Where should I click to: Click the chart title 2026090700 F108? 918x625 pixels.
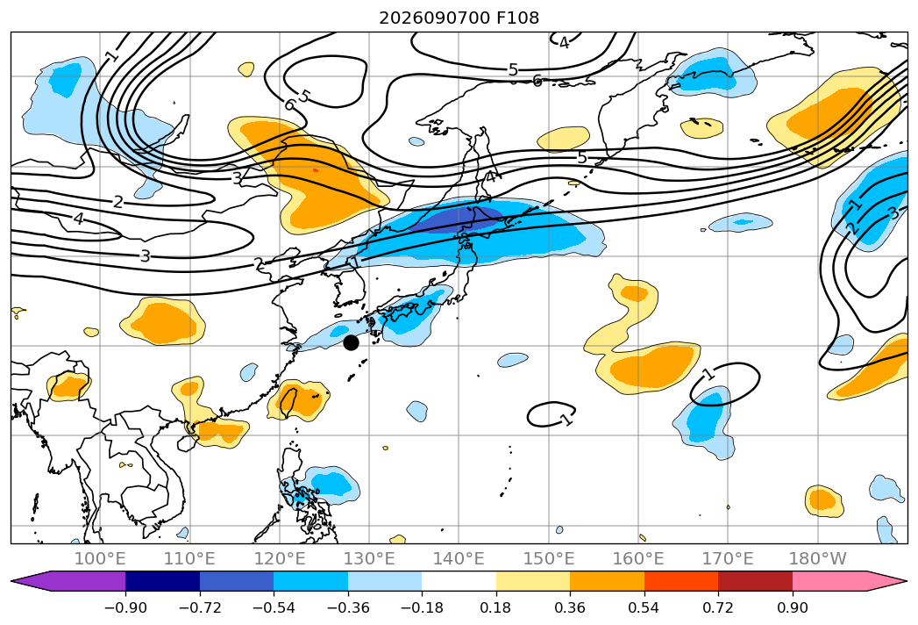point(459,18)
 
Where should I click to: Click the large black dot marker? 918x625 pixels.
point(351,342)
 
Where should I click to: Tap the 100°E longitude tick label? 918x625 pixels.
point(100,559)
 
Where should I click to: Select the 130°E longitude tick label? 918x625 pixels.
point(369,559)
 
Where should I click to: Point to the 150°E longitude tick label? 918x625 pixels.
point(549,559)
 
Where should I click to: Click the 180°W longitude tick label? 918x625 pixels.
point(818,559)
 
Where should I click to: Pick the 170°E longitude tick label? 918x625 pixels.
point(728,559)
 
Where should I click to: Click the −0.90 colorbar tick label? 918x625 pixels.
point(125,607)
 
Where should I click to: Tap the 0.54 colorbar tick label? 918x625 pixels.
point(644,607)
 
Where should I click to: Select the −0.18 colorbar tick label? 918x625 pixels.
point(422,607)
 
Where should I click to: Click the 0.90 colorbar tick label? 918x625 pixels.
point(792,607)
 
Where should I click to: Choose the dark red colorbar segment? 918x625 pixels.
point(755,580)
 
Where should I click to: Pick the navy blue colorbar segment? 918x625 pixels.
point(163,580)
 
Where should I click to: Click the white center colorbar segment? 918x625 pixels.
point(459,580)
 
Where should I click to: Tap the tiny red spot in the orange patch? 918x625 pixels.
point(316,170)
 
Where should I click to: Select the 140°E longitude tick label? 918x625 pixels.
point(459,559)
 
